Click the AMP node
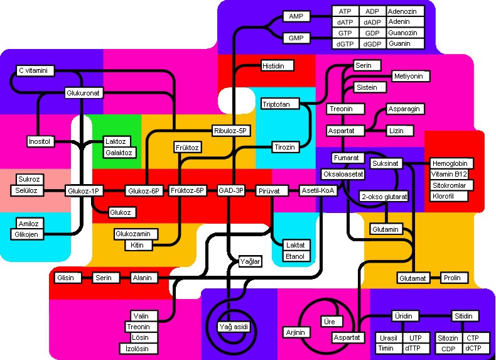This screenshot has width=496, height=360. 296,16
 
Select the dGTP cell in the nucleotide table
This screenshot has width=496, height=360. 345,44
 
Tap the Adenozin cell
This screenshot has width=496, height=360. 405,11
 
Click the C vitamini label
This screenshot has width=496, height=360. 35,70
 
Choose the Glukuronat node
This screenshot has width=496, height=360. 84,93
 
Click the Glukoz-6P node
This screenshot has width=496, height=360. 144,191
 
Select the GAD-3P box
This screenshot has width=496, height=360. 231,190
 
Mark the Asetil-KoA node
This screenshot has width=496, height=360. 318,190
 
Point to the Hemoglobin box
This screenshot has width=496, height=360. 451,163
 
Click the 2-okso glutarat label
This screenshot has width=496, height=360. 384,197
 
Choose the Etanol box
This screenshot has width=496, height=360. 296,256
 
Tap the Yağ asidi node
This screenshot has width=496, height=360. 234,327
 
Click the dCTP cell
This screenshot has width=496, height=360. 472,348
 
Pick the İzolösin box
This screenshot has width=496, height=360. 138,349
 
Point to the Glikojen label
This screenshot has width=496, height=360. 27,234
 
